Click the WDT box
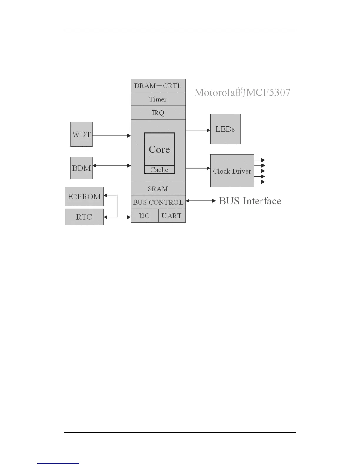81,134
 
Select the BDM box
81,168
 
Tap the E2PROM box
84,197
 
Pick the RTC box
84,217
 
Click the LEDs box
225,129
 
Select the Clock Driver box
232,171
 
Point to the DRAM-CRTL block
158,86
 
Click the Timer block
158,99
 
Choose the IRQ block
158,113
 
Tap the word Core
159,149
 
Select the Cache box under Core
159,170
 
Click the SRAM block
158,189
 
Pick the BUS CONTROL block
158,202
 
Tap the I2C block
144,216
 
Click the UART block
172,216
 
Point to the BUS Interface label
250,201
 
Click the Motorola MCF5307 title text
242,93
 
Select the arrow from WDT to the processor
111,136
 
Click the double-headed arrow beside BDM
111,166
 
